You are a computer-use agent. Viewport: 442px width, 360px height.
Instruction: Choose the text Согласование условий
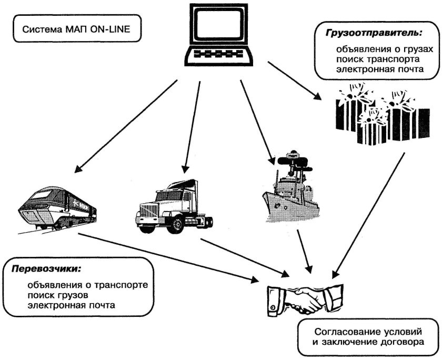point(368,333)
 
